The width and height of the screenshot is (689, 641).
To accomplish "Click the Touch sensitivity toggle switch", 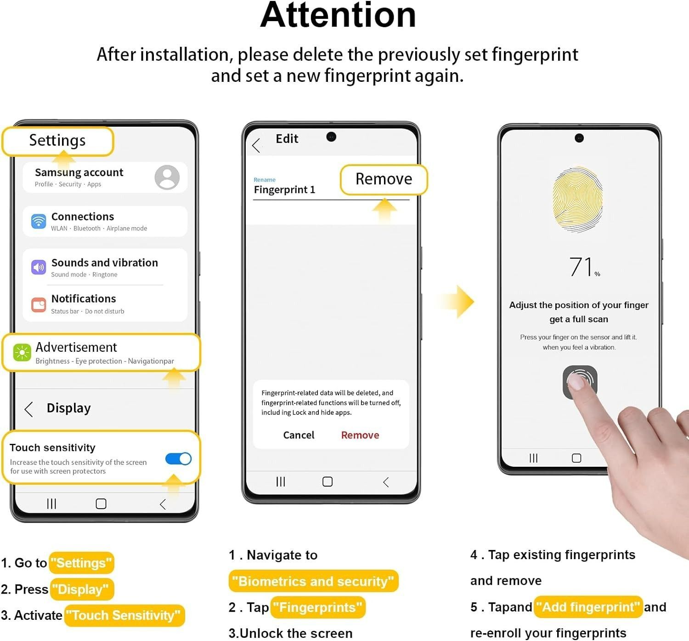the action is [x=178, y=458].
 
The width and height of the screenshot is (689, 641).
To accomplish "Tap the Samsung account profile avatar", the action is [x=167, y=177].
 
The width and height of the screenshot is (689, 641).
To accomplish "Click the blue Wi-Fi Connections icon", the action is [x=39, y=221].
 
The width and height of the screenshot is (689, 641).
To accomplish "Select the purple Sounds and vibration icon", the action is [x=39, y=267].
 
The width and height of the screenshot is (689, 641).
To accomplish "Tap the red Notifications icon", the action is [x=39, y=305].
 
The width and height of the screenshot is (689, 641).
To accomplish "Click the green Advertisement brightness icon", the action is [x=22, y=353].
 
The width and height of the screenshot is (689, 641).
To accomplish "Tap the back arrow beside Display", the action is [x=29, y=409].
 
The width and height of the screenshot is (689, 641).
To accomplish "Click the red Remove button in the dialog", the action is [x=360, y=435].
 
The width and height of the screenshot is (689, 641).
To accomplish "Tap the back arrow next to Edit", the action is [x=256, y=145].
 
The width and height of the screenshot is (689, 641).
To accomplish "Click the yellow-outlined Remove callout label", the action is [x=384, y=179].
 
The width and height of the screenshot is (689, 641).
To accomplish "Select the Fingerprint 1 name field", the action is [x=284, y=190].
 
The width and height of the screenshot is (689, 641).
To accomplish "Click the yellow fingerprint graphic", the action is [x=578, y=199].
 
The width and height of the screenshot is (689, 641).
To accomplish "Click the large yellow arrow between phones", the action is [x=457, y=302].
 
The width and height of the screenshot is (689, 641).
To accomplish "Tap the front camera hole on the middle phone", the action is [x=331, y=137].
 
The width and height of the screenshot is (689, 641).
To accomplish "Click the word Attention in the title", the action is [x=338, y=15].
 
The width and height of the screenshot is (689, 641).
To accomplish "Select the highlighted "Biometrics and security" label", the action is [x=313, y=581].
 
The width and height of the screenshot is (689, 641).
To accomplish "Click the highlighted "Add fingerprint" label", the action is [x=588, y=607].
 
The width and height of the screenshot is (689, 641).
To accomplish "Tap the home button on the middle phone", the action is [x=327, y=481].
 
